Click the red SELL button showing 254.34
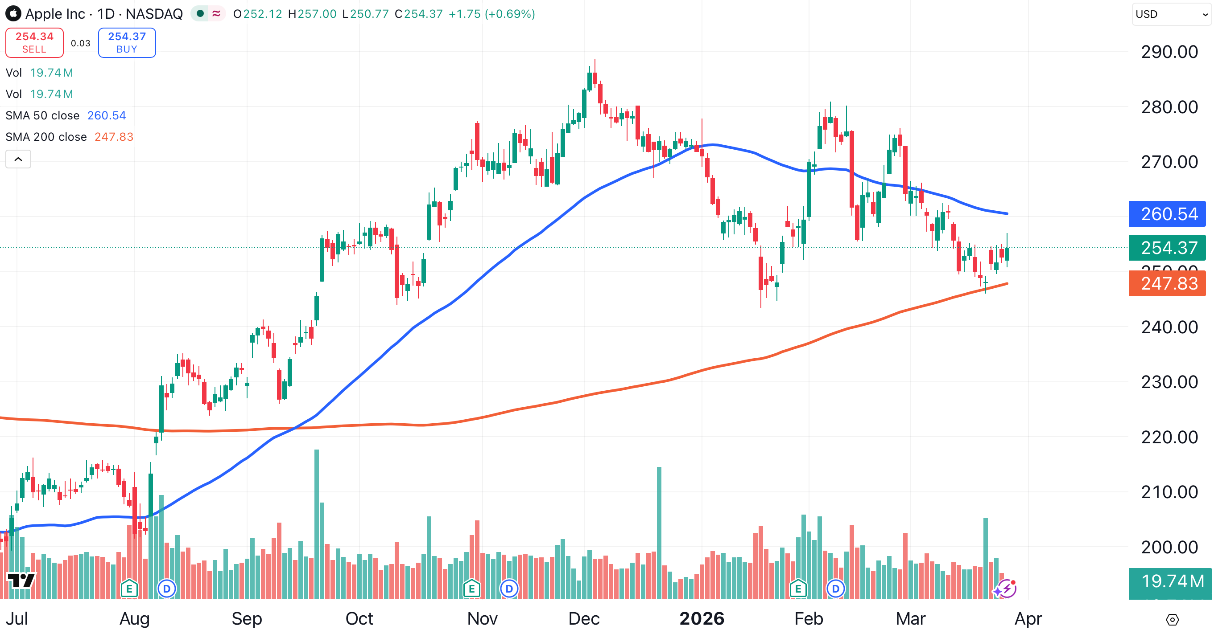tap(34, 43)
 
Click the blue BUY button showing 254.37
tap(127, 43)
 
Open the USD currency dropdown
tap(1171, 14)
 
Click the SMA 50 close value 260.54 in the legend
tap(107, 115)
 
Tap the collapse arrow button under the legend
tap(18, 159)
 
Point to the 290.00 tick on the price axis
tap(1169, 52)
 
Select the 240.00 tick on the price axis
tap(1169, 327)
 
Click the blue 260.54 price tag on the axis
tap(1167, 214)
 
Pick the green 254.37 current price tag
tap(1167, 248)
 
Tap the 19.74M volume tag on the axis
tap(1171, 581)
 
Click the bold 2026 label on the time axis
tap(702, 618)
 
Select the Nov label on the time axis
tap(482, 618)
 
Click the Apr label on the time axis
tap(1028, 618)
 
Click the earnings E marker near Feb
tap(798, 589)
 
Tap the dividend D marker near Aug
tap(166, 589)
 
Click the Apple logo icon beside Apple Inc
tap(13, 14)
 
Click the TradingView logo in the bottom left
tap(21, 580)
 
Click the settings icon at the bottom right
tap(1172, 620)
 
